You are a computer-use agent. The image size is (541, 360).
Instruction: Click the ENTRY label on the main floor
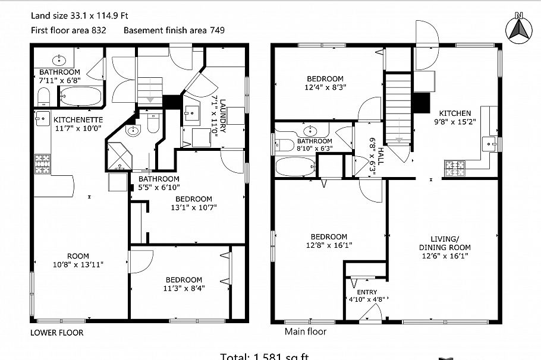pyautogui.click(x=366, y=292)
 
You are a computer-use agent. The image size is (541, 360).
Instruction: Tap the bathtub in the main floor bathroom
pyautogui.click(x=294, y=168)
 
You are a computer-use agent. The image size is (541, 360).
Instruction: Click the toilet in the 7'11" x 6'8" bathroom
pyautogui.click(x=43, y=96)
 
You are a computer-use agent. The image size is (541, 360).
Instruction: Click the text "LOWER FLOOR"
pyautogui.click(x=56, y=333)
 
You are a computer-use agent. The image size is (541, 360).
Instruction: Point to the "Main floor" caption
pyautogui.click(x=305, y=332)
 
